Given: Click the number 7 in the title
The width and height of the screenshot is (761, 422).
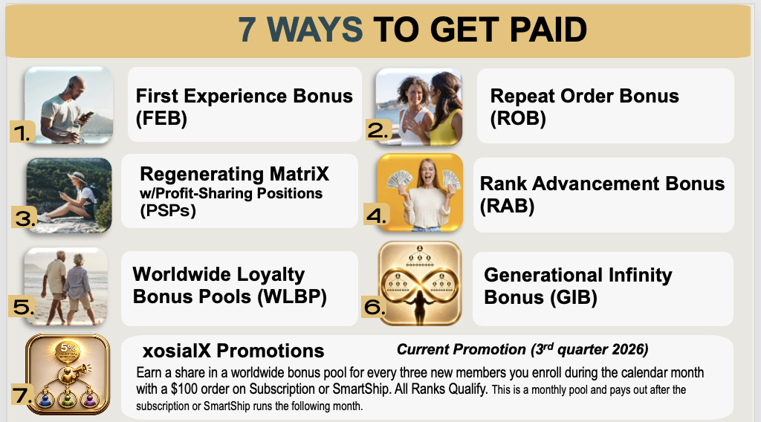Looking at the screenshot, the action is [247, 30].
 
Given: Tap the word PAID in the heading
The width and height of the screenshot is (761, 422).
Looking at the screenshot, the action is [548, 30].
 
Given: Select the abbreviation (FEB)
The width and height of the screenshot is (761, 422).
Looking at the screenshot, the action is [161, 118].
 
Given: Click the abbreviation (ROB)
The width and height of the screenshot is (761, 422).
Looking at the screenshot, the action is [518, 118].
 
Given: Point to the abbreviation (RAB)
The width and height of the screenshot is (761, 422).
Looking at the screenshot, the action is [507, 206].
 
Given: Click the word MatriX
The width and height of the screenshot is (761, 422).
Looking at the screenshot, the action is [299, 174].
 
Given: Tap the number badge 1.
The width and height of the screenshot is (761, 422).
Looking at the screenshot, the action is [22, 132].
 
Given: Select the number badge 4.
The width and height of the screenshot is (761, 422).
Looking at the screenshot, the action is [377, 215].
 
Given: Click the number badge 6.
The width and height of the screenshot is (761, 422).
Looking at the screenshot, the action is [375, 307].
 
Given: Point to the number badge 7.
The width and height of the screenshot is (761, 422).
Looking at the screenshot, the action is [22, 395].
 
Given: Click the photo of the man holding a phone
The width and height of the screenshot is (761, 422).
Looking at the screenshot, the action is [69, 105].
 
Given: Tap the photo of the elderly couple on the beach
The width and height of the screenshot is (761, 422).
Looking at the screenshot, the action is [66, 286].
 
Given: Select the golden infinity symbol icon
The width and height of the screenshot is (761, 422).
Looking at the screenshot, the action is [420, 283].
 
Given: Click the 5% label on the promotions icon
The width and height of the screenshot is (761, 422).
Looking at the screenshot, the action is [68, 348].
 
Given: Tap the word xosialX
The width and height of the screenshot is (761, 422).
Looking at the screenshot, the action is [177, 351].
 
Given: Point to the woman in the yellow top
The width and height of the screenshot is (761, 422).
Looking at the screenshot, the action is [445, 109].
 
